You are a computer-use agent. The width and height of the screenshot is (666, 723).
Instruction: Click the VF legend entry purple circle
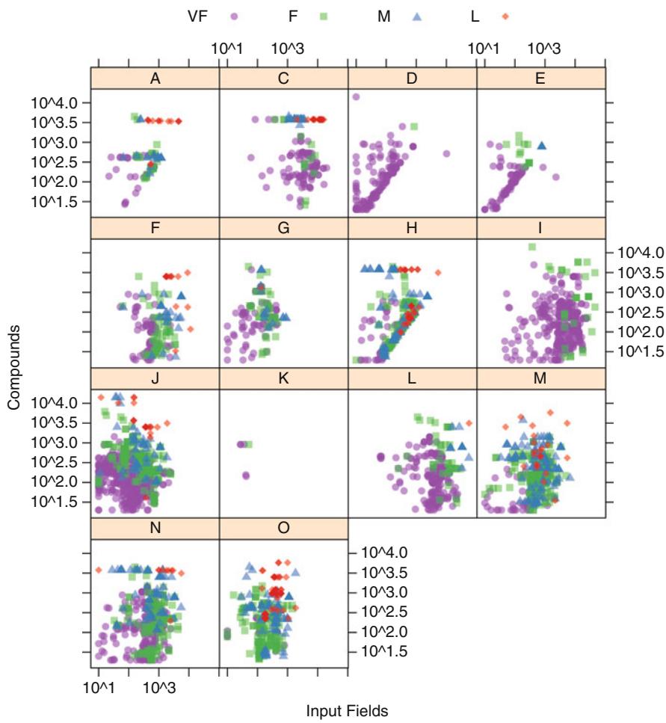234,16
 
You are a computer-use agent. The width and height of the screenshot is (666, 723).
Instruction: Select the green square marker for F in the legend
325,16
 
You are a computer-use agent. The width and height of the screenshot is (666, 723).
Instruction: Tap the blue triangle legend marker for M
417,16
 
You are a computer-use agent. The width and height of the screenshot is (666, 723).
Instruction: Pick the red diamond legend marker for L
506,16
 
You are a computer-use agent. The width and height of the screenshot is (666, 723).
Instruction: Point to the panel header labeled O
283,527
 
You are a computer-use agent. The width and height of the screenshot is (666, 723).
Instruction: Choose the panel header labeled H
412,227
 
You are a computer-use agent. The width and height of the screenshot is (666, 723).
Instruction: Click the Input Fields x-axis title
348,711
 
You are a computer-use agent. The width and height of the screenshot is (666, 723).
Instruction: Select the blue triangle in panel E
542,146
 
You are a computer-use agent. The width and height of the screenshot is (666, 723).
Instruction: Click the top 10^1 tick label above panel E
484,48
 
